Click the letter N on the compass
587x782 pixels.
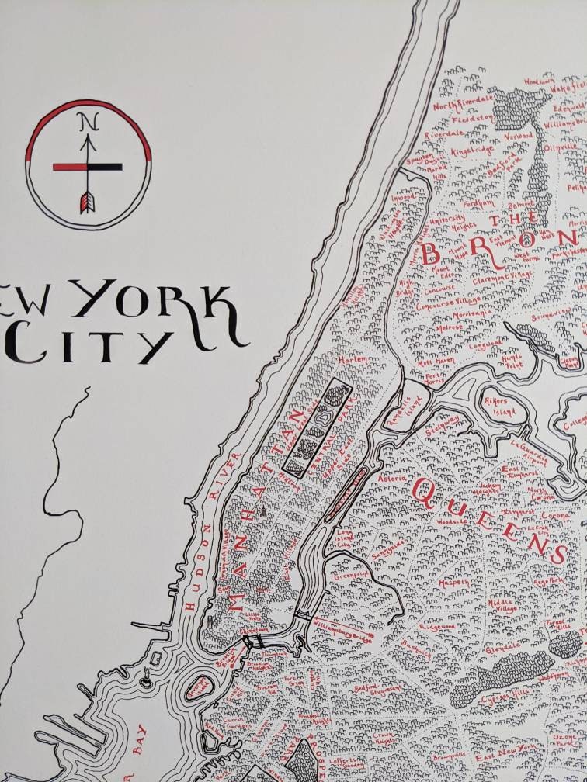pos(89,122)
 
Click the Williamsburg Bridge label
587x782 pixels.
pos(341,629)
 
